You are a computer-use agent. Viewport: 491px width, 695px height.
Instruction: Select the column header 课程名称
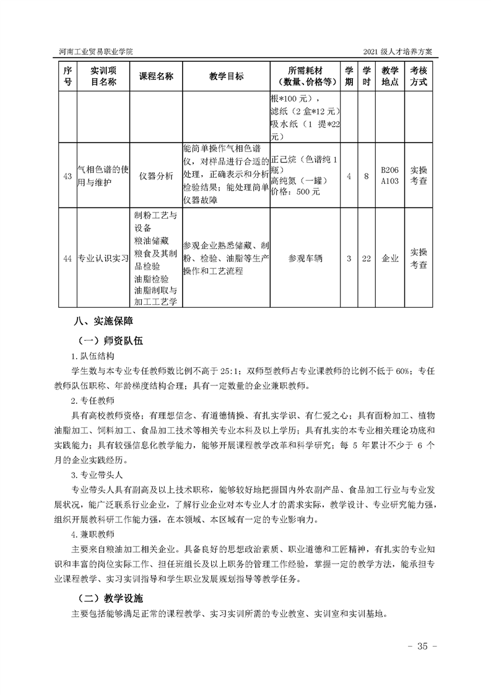[x=156, y=76]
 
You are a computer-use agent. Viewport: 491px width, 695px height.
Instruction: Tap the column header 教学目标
[x=226, y=76]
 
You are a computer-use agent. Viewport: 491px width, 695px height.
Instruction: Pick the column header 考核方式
[x=419, y=76]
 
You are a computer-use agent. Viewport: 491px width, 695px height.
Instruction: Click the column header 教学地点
[x=389, y=76]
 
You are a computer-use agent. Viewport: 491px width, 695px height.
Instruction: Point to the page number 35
[x=422, y=647]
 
